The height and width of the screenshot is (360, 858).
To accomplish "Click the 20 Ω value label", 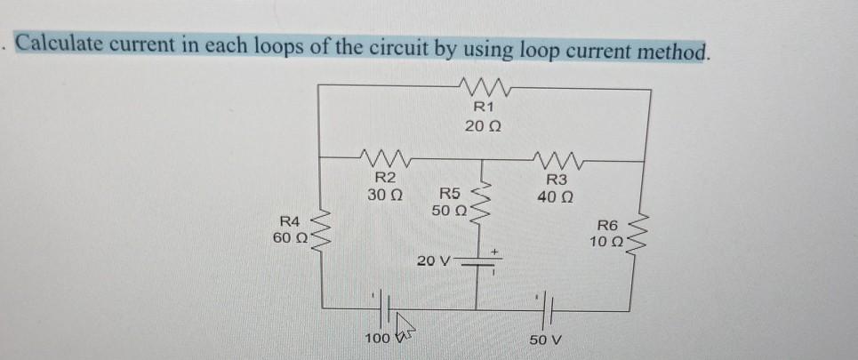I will pyautogui.click(x=482, y=127).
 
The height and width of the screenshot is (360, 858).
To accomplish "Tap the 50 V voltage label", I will pyautogui.click(x=546, y=340).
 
